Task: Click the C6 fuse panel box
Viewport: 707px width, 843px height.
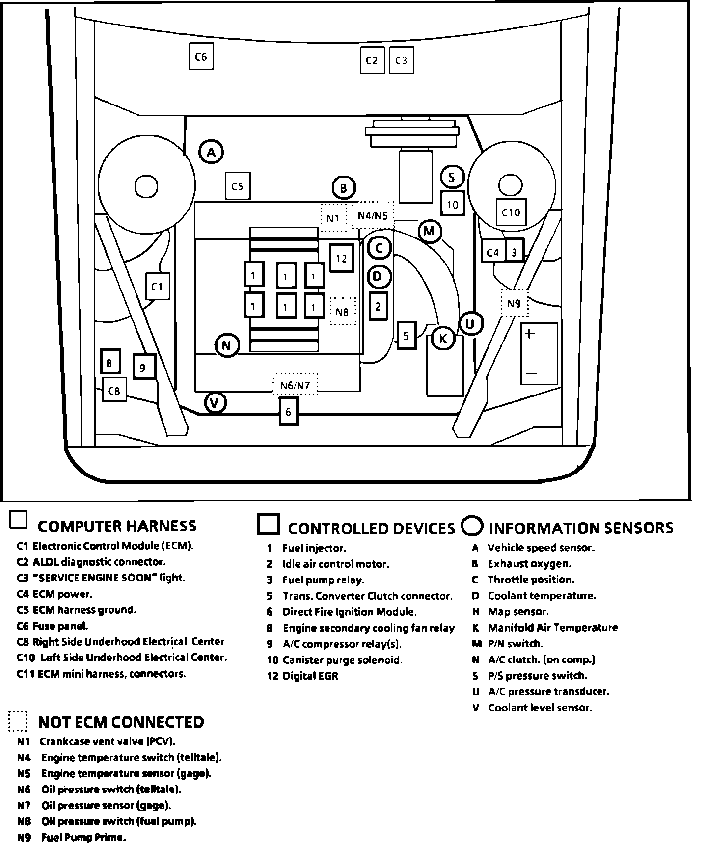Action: click(x=201, y=56)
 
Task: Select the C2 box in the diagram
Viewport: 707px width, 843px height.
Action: click(x=372, y=60)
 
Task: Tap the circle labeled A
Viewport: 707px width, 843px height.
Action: click(x=211, y=152)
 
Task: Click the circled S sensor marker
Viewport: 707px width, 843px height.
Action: click(x=452, y=177)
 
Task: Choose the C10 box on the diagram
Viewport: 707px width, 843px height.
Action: click(x=511, y=212)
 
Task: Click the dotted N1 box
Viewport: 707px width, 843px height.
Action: click(x=333, y=217)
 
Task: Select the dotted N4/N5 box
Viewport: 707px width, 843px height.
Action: click(x=373, y=215)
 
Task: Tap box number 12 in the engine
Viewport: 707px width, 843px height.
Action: click(x=341, y=258)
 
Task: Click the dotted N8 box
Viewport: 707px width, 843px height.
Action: click(x=342, y=311)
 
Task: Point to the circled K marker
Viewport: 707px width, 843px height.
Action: click(x=443, y=338)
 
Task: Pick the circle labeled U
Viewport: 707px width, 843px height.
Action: click(x=470, y=323)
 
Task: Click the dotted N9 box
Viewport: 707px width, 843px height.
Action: click(x=514, y=303)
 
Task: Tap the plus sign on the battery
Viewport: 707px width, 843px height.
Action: click(x=530, y=334)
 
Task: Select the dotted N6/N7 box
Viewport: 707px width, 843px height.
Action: click(x=295, y=385)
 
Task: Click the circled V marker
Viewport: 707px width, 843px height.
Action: click(x=215, y=403)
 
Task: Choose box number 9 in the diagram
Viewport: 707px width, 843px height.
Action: click(x=143, y=367)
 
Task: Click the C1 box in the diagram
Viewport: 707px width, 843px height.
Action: click(x=157, y=286)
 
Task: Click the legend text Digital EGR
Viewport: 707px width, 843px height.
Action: click(x=310, y=676)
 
